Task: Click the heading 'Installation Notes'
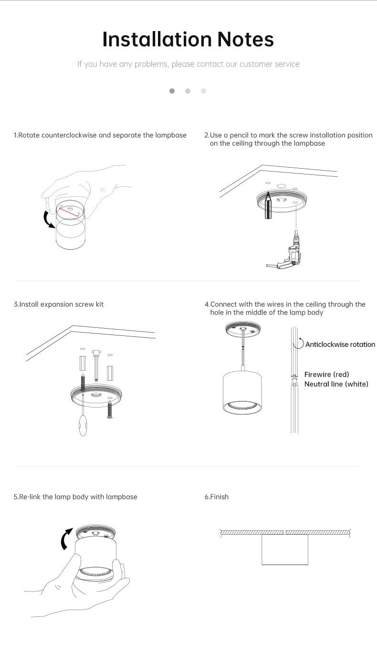pyautogui.click(x=188, y=39)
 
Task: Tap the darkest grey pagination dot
pyautogui.click(x=172, y=91)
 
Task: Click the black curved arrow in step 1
pyautogui.click(x=48, y=220)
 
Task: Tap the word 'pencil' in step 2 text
pyautogui.click(x=241, y=135)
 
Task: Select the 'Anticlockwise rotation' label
pyautogui.click(x=340, y=344)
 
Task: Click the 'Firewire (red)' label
pyautogui.click(x=326, y=375)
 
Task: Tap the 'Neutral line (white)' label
pyautogui.click(x=336, y=384)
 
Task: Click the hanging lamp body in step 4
pyautogui.click(x=242, y=392)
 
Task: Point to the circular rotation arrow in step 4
pyautogui.click(x=299, y=344)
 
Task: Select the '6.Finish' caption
pyautogui.click(x=217, y=497)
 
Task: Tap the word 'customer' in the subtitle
pyautogui.click(x=256, y=64)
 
